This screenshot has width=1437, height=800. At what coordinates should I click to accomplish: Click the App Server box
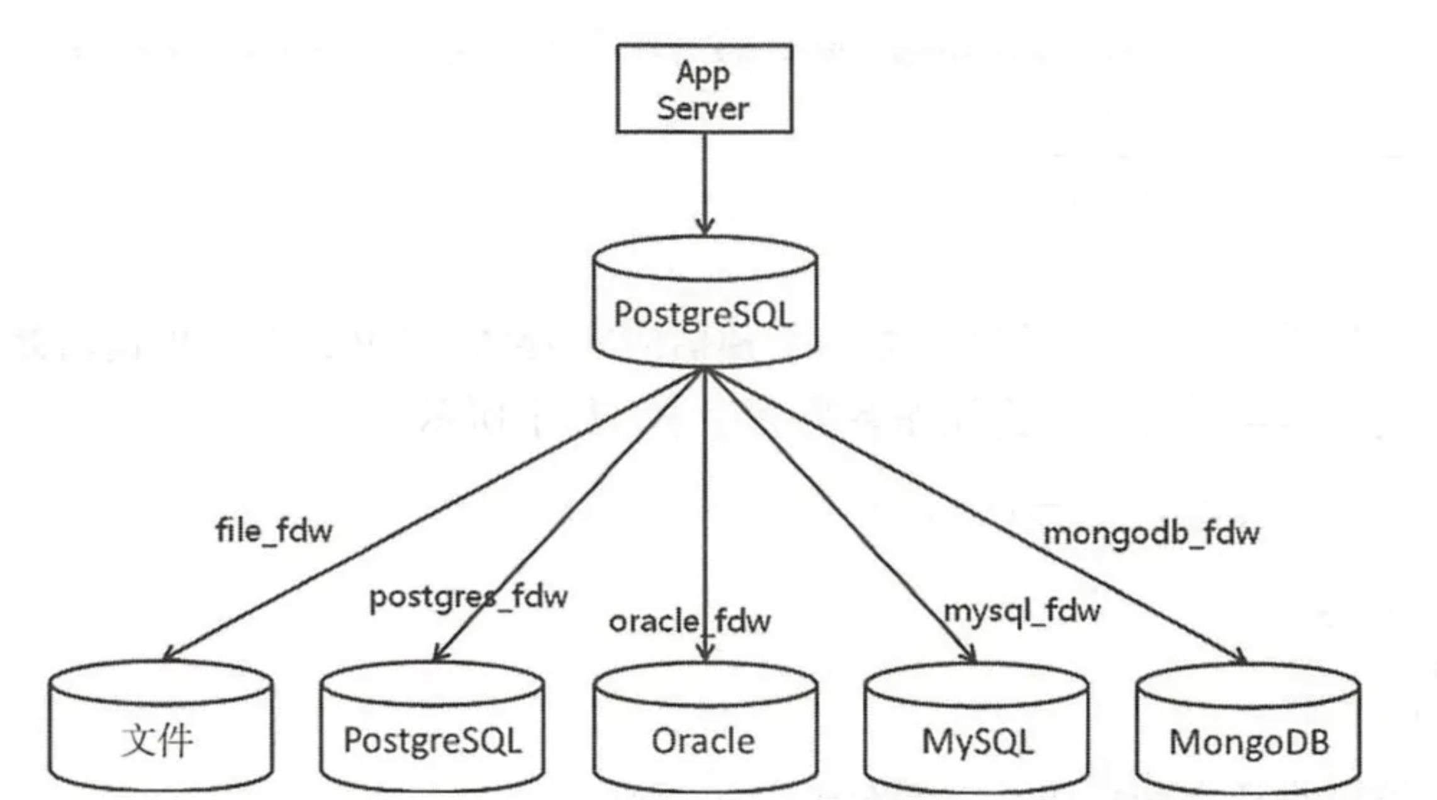tap(704, 89)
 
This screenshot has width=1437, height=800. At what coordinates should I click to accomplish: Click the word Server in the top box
tap(703, 109)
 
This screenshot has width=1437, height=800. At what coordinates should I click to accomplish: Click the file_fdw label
tap(274, 531)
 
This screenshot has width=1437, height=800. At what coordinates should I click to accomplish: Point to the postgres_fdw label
tap(468, 597)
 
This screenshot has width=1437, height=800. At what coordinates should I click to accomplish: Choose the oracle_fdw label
tap(690, 622)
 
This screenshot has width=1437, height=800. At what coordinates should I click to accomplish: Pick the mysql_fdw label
tap(1022, 611)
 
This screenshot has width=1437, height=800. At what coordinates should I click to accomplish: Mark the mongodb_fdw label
tap(1151, 533)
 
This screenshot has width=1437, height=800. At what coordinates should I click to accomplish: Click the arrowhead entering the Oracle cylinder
tap(705, 654)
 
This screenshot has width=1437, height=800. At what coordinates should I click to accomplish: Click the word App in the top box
tap(703, 74)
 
